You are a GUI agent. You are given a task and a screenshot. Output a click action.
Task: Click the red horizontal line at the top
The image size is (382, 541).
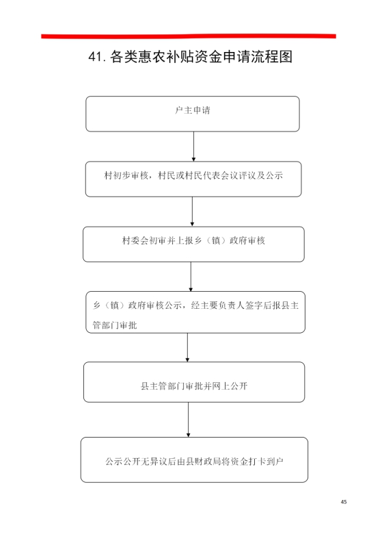[189, 36]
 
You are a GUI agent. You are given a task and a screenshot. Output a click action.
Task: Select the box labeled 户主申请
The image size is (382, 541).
[193, 114]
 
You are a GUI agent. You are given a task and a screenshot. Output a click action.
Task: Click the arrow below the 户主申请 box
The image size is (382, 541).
[193, 147]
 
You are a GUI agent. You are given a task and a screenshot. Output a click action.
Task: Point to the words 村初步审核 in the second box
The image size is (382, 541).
[126, 175]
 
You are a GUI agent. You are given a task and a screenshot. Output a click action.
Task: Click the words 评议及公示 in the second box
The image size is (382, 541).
[260, 175]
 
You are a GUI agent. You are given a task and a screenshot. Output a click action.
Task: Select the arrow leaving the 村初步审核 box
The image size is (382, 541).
[192, 212]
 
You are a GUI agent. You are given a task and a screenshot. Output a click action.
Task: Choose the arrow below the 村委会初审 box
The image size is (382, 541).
[191, 277]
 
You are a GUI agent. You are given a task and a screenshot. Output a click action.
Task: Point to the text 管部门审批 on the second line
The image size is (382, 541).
[115, 325]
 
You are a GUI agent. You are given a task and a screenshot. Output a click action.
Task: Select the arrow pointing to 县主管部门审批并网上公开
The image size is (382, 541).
[187, 347]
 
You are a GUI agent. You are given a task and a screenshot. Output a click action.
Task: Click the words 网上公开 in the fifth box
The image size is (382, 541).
[230, 386]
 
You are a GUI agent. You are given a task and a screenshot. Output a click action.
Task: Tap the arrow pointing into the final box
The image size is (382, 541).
[188, 420]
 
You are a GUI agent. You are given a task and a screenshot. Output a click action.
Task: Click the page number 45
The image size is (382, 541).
[344, 502]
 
